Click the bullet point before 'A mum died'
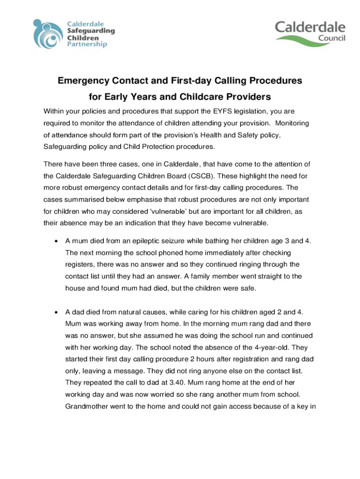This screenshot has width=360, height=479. click(x=56, y=241)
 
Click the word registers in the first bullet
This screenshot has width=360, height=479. click(x=80, y=265)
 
